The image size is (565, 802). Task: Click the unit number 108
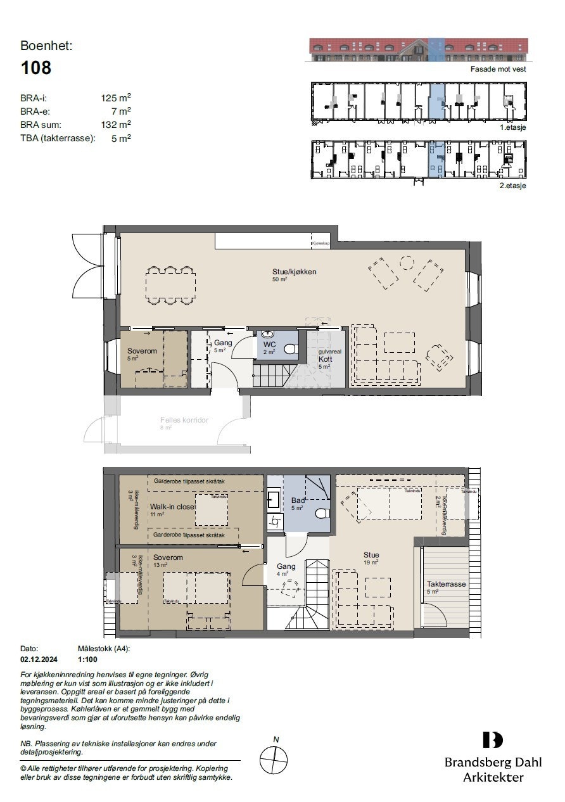pos(35,68)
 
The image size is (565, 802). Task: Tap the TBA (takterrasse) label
pos(58,138)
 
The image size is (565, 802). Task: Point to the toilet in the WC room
pos(291,348)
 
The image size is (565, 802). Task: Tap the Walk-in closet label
pos(171,507)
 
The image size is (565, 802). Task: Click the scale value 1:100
pos(87,659)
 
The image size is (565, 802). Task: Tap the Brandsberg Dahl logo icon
pos(493,740)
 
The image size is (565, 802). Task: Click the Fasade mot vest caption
pos(498,69)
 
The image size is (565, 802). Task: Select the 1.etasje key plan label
pos(513,127)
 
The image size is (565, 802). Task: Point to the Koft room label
pos(326,359)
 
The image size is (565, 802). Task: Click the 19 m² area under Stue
pos(371,562)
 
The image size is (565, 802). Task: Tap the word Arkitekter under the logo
pos(493,777)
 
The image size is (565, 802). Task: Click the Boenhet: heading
pos(46,46)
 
